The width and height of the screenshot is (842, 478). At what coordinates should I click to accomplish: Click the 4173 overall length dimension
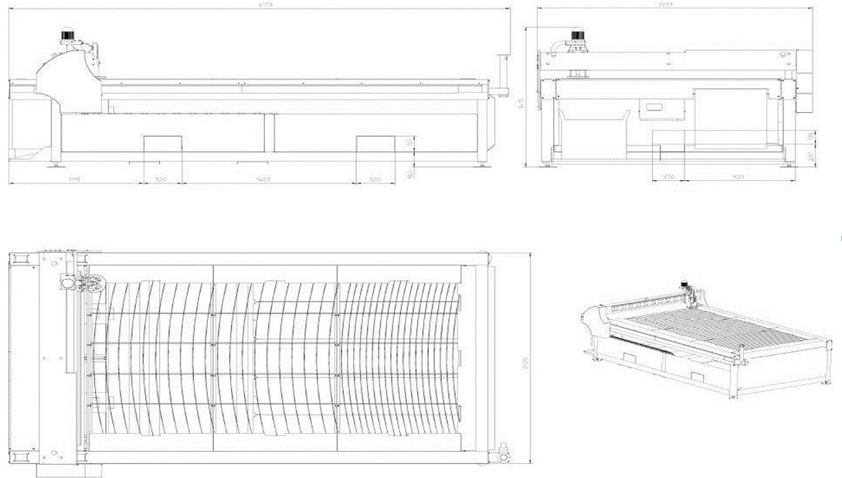coord(267,5)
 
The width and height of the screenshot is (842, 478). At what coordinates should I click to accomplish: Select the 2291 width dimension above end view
coord(666,5)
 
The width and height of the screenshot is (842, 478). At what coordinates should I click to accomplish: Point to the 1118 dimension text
coord(74,179)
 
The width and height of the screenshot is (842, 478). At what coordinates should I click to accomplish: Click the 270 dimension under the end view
coord(669,177)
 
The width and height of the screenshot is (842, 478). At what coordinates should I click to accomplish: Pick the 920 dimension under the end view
coord(738,177)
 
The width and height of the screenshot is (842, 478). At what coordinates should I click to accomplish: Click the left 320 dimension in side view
coord(161,179)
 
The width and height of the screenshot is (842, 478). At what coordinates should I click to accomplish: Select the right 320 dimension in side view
coord(375,179)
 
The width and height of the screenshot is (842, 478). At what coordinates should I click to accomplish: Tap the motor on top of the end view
coord(578,35)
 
